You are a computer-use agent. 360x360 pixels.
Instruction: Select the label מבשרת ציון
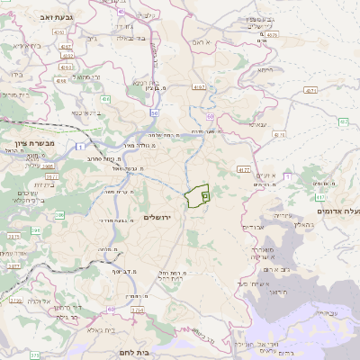pos(35,143)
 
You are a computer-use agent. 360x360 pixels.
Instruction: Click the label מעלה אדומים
pos(338,210)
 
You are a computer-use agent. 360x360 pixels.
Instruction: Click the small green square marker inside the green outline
pos(205,193)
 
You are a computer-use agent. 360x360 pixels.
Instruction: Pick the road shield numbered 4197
pos(200,87)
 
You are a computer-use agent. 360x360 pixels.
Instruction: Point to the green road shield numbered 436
pos(105,99)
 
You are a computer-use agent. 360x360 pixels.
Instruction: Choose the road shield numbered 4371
pos(310,91)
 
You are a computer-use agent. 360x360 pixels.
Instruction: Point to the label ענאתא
pos(258,125)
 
